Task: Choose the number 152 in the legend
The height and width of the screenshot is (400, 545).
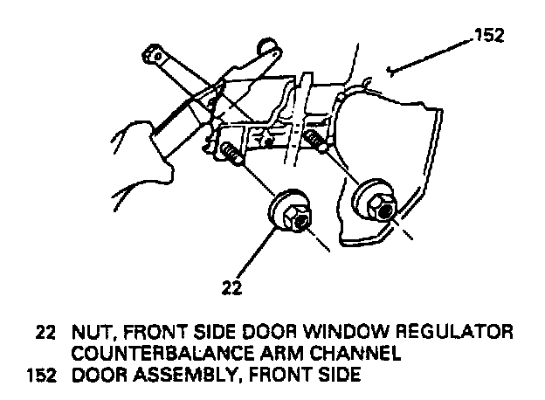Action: click(40, 376)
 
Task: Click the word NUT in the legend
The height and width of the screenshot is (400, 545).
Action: click(90, 334)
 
